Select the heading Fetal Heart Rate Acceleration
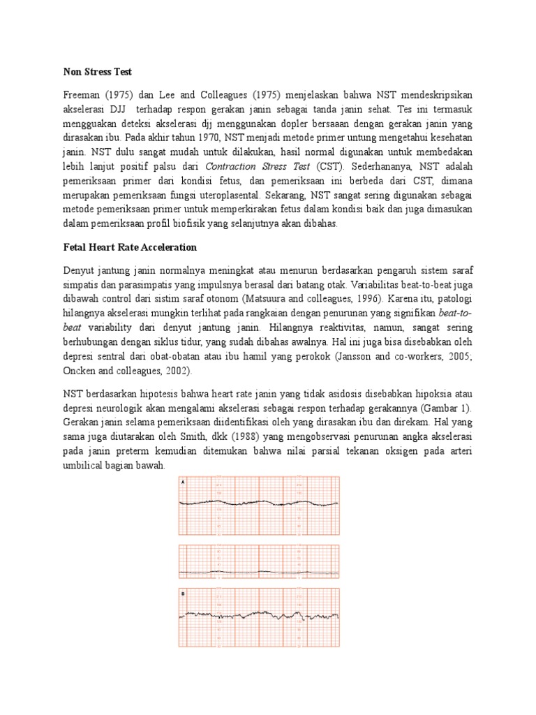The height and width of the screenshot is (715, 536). click(x=130, y=247)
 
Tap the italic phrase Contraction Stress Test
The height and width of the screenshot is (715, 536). click(x=257, y=168)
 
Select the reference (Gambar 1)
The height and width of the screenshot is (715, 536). click(x=445, y=408)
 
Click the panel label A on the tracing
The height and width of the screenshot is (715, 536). click(x=184, y=482)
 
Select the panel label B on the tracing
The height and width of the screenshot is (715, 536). click(x=184, y=594)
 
